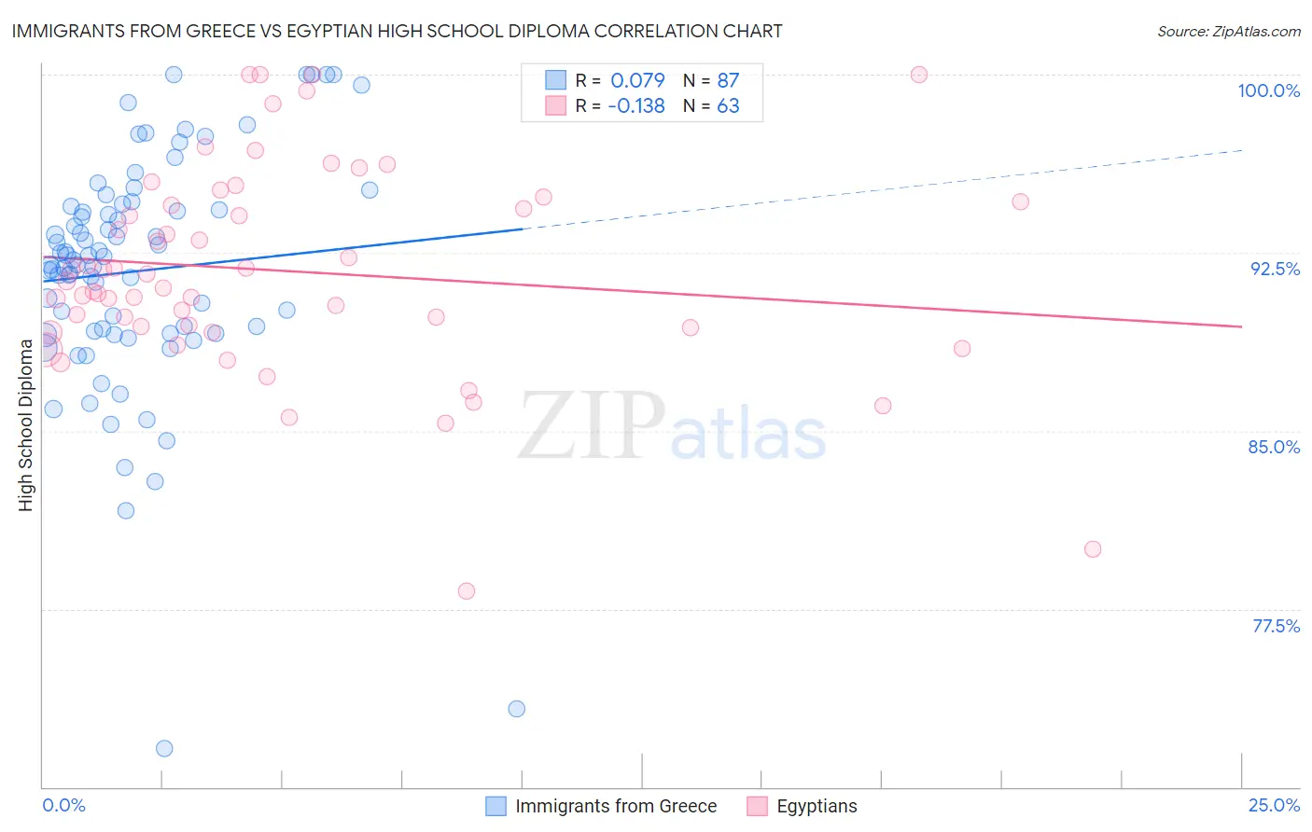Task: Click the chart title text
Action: (x=397, y=31)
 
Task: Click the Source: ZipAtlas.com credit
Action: (x=1228, y=31)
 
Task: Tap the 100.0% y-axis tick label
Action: (x=1268, y=90)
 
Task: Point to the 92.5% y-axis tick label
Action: (x=1275, y=269)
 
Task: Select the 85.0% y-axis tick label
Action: (x=1274, y=447)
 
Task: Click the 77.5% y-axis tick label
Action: (x=1276, y=626)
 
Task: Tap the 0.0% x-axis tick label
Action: (x=63, y=805)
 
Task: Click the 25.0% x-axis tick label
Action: (x=1274, y=805)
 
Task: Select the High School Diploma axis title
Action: (x=26, y=424)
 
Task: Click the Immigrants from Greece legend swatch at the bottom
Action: (x=496, y=806)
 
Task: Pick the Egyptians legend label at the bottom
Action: (x=817, y=806)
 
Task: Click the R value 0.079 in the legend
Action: (x=637, y=80)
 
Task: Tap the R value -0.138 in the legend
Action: (x=635, y=106)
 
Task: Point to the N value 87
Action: (x=728, y=80)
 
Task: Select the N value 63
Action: (x=728, y=106)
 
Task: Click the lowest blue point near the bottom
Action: (x=164, y=748)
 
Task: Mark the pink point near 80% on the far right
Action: (x=1093, y=549)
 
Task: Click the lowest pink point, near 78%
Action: (x=467, y=591)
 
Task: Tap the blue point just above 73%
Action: (x=516, y=709)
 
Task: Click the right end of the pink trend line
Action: (x=1242, y=326)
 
